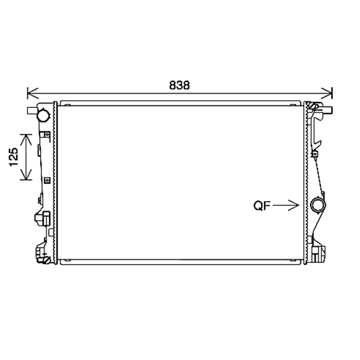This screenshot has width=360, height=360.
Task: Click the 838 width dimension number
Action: click(x=179, y=85)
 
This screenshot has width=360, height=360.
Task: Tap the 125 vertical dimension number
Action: click(x=14, y=157)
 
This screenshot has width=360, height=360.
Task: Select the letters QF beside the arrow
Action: click(x=262, y=205)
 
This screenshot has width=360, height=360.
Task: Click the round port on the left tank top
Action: click(x=43, y=115)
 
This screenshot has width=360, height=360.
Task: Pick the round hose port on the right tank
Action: click(x=317, y=205)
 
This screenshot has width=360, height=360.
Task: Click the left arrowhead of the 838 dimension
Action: click(x=32, y=94)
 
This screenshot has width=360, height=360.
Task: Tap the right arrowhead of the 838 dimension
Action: click(x=327, y=94)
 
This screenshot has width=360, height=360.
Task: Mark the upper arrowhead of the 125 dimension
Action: click(x=26, y=140)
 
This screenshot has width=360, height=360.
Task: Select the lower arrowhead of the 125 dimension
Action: click(x=26, y=174)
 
